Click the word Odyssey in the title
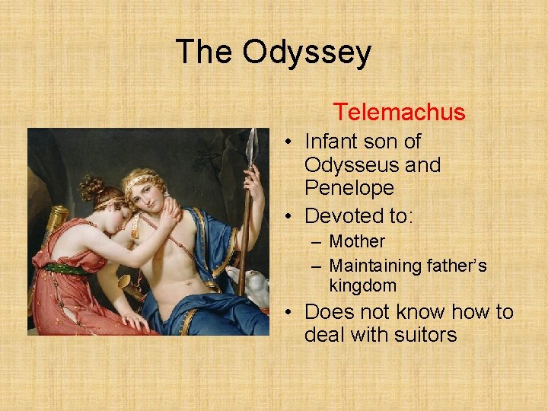[307, 53]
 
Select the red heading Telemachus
[399, 113]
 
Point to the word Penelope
[349, 187]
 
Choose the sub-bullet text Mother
[357, 241]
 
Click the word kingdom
[363, 286]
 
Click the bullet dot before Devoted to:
[291, 217]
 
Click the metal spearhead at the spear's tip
[252, 143]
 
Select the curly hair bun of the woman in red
[91, 186]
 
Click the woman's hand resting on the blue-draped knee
[136, 320]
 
